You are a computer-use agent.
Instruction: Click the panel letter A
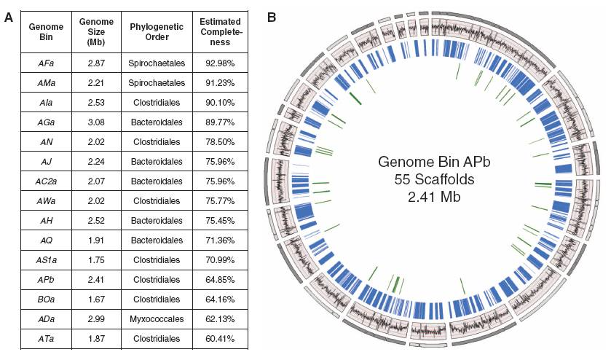click(9, 17)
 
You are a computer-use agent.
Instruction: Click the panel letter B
click(272, 17)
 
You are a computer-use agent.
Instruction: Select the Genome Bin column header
click(46, 32)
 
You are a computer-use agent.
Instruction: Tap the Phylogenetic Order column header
click(157, 32)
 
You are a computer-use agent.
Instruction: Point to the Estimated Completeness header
click(220, 32)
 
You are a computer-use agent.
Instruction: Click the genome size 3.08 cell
click(96, 122)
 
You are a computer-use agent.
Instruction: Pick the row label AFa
click(46, 63)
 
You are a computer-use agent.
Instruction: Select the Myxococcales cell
click(157, 319)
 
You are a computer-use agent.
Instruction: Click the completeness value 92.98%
click(220, 63)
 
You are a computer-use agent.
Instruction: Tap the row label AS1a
click(46, 259)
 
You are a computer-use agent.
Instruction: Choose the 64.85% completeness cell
click(220, 280)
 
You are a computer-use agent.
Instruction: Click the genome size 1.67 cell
click(96, 300)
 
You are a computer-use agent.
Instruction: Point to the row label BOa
click(46, 300)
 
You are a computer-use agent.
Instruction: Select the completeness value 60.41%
click(220, 339)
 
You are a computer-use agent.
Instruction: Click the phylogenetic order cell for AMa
click(157, 82)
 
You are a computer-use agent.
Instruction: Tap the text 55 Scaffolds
click(434, 179)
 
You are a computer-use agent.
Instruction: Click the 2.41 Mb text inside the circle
click(434, 197)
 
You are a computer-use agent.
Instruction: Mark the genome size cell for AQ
click(96, 240)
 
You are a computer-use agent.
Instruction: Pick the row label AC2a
click(46, 181)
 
